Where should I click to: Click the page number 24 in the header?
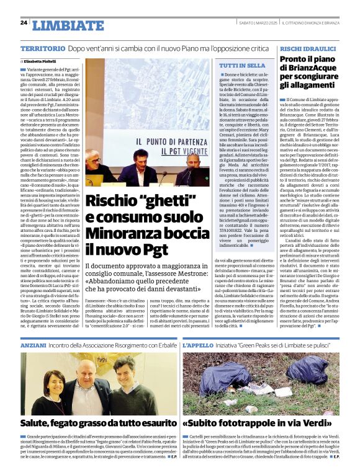[24, 23]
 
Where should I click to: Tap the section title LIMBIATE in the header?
[68, 25]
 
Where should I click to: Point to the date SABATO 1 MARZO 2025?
[239, 23]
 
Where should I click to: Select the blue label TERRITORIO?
[42, 48]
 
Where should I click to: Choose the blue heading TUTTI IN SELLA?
[239, 65]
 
